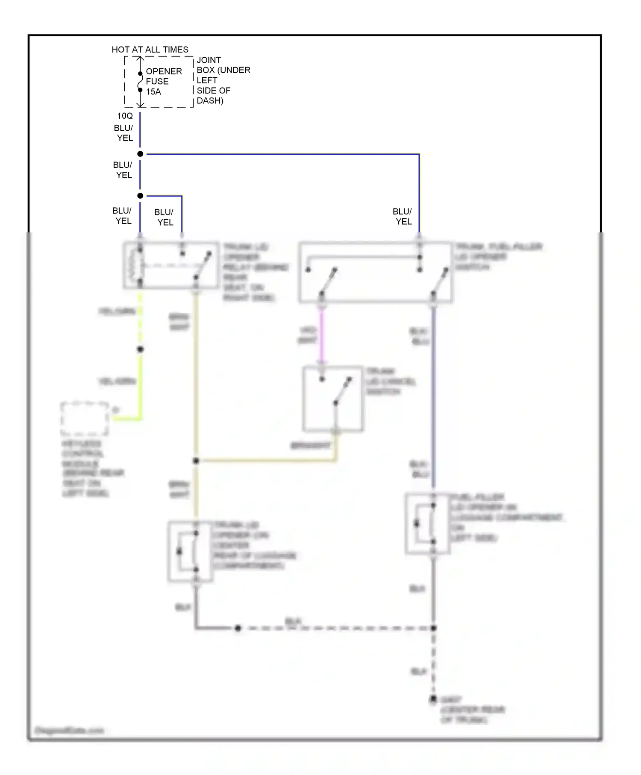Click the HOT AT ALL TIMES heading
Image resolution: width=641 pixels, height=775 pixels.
(150, 50)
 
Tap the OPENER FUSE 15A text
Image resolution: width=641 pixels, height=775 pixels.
(164, 81)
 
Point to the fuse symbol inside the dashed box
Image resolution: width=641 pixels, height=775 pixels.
(140, 82)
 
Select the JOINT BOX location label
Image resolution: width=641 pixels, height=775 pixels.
(223, 80)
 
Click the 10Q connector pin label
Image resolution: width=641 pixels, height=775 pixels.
(125, 116)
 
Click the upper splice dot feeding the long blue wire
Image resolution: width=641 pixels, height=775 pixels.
(140, 154)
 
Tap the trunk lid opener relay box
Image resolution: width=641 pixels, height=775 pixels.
(171, 265)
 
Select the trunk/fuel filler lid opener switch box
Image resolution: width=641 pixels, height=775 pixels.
(375, 272)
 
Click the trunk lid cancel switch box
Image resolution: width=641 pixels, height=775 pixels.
(333, 398)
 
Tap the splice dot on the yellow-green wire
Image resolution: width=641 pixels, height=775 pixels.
(140, 349)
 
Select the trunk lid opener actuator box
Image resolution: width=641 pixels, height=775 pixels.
(190, 551)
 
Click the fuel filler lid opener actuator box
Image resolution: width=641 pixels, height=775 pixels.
(427, 524)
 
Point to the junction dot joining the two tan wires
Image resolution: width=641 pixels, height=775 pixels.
(196, 461)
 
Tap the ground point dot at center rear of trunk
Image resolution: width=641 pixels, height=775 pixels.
(433, 699)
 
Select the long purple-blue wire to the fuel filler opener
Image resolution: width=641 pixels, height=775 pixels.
(433, 397)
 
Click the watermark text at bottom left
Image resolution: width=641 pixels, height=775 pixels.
(69, 730)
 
